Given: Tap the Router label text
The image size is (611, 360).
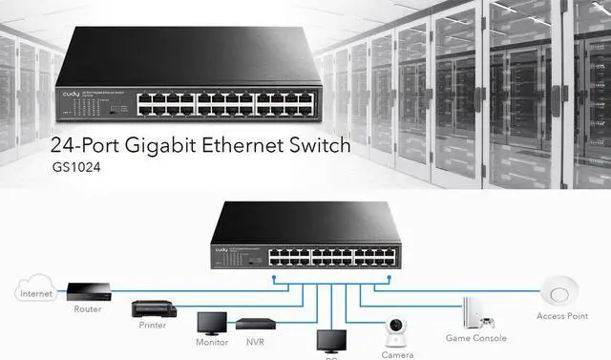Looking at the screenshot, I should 87,309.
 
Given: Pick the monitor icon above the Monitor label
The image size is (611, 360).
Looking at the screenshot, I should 212,323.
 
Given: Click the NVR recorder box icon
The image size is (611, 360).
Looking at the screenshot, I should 257,324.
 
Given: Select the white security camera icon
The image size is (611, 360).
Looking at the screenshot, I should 395,330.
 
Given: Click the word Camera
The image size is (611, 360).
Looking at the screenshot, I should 395,353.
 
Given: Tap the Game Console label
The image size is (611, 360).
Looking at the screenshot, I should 474,338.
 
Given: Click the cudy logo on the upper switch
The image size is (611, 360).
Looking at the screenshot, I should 73,96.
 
